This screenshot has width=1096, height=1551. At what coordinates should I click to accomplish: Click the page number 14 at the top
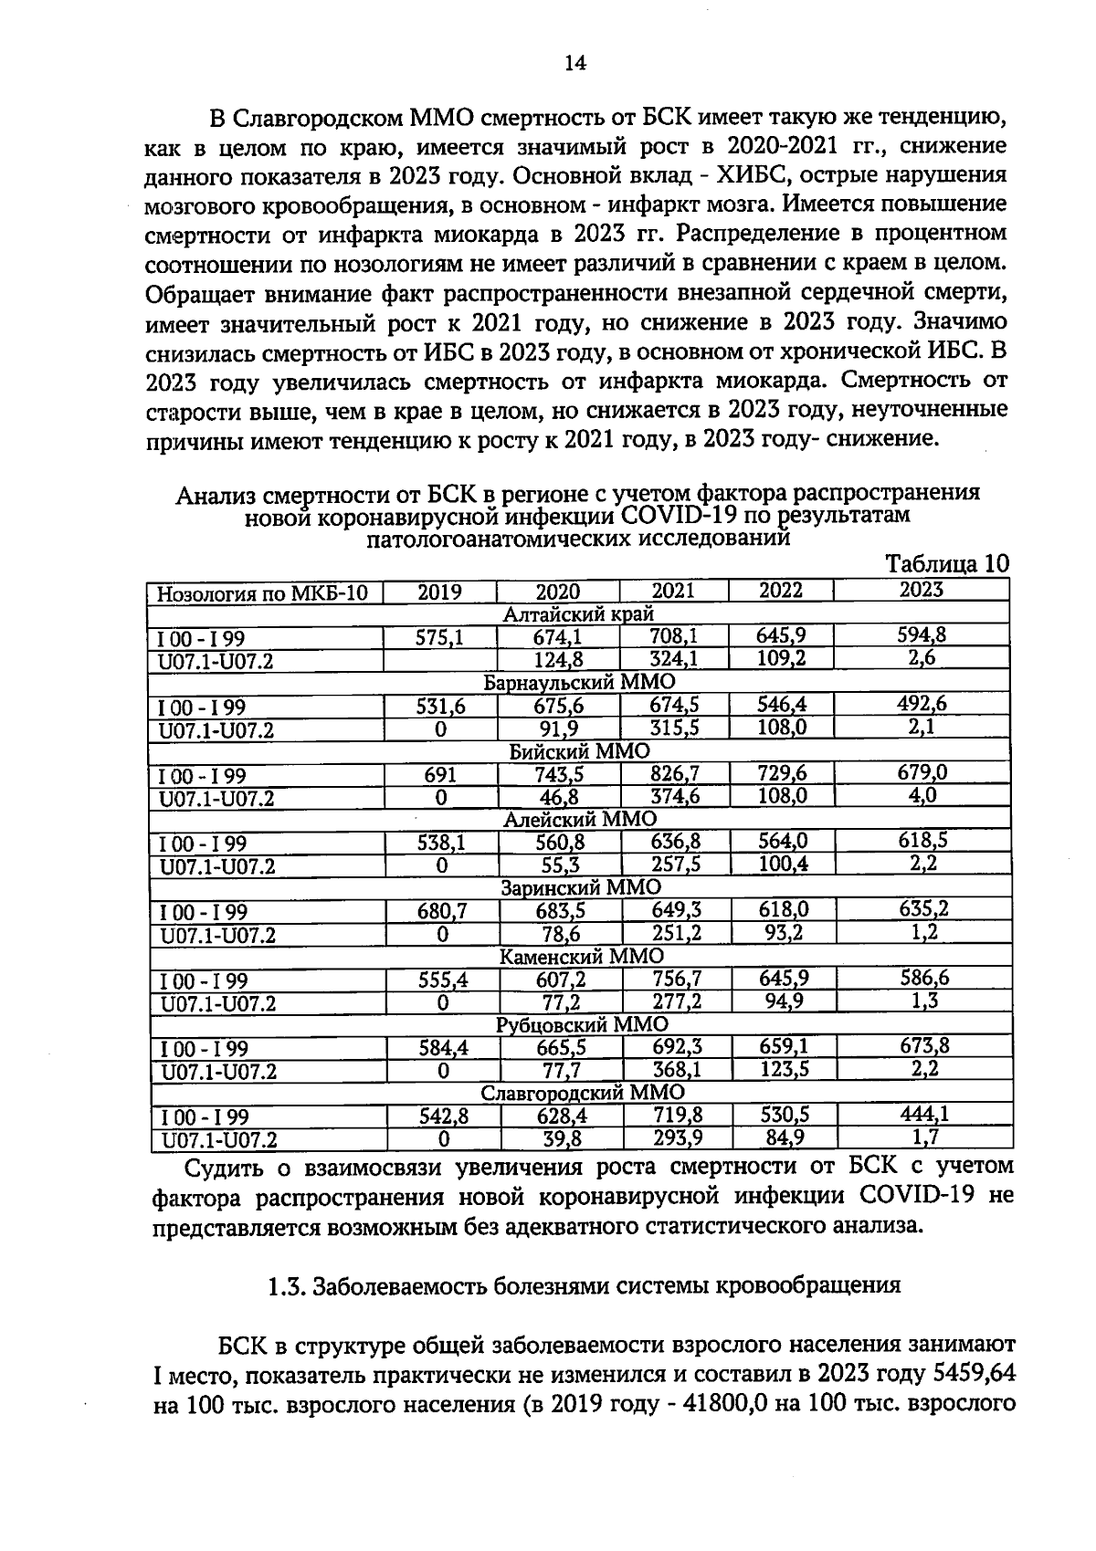[574, 62]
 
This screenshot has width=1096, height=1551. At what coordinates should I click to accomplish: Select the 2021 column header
[673, 591]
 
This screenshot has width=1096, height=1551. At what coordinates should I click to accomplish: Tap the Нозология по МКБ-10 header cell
[263, 593]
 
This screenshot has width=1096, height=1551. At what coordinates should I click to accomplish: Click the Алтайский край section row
[578, 614]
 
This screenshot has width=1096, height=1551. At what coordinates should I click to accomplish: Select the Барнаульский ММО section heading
[578, 682]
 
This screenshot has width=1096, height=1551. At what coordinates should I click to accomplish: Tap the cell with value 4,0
[922, 795]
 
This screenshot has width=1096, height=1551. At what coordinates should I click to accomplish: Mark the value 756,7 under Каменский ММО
[677, 979]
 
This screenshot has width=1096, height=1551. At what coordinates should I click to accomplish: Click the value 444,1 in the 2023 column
[924, 1114]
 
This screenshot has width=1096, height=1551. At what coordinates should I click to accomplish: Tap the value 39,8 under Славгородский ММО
[561, 1138]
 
